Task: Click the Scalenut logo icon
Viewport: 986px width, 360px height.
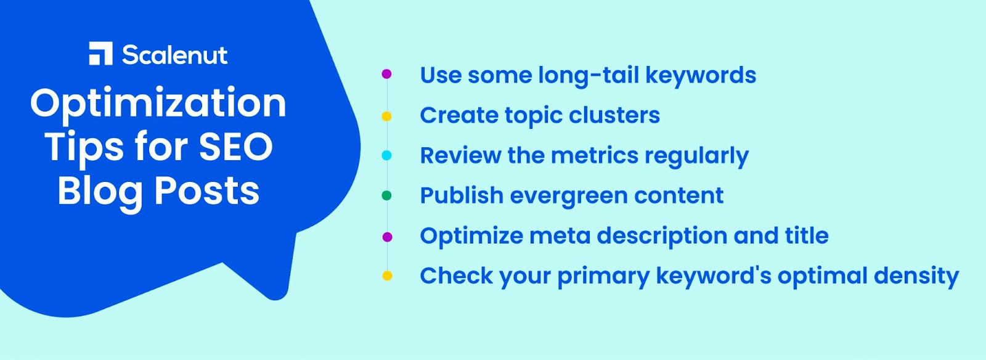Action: tap(101, 54)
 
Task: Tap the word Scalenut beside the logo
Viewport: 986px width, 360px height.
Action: tap(175, 55)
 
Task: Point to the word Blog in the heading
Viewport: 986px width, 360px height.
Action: tap(100, 193)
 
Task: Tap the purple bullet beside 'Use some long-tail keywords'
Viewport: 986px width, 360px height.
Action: tap(386, 74)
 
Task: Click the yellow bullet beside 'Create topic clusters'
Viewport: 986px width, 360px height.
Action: tap(386, 116)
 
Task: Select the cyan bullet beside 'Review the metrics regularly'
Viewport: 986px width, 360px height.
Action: tap(386, 155)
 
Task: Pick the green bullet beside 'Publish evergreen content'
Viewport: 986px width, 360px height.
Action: tap(386, 195)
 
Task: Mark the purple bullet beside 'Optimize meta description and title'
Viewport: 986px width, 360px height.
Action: tap(387, 237)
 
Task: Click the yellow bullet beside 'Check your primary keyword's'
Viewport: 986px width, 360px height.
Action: tap(387, 276)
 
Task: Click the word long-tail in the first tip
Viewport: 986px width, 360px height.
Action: tap(589, 76)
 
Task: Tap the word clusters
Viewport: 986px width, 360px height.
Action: tap(614, 115)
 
